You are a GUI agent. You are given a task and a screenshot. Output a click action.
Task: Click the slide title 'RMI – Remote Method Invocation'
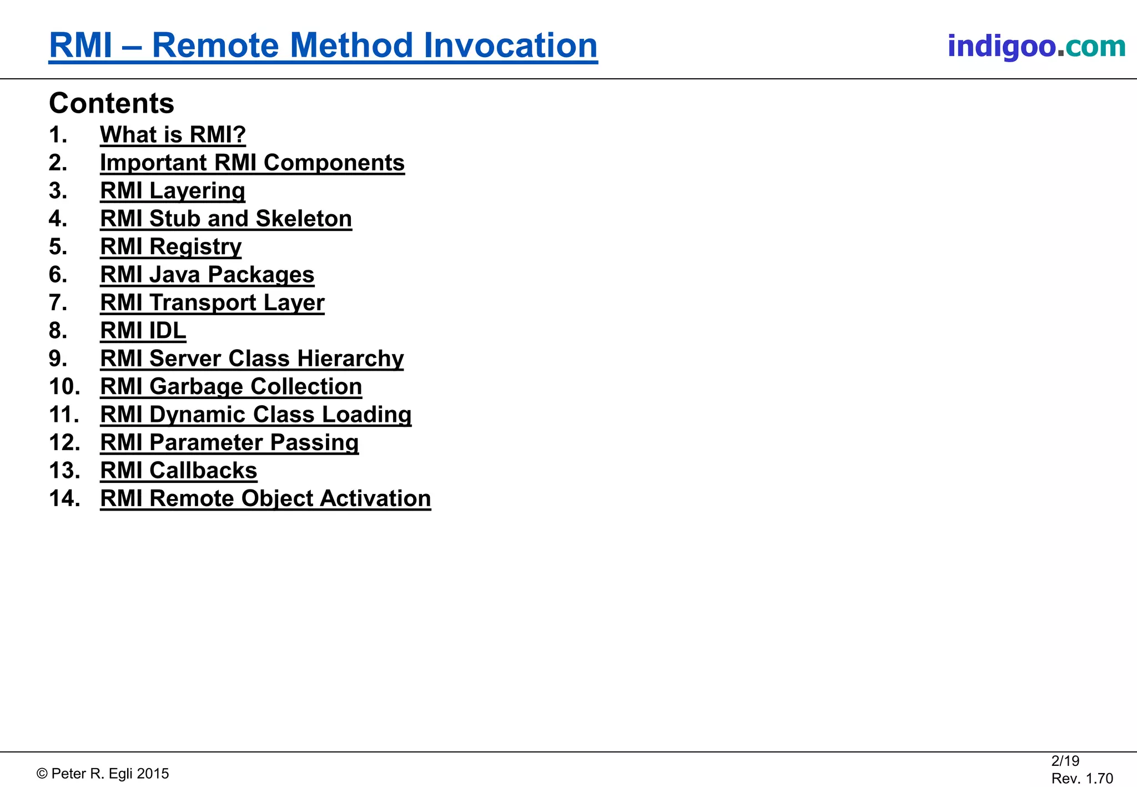click(x=323, y=46)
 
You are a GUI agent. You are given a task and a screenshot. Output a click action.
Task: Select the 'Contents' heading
click(x=112, y=103)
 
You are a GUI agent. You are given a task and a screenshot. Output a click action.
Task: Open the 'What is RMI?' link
click(x=173, y=135)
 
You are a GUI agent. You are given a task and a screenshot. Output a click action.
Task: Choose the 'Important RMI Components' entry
click(x=252, y=163)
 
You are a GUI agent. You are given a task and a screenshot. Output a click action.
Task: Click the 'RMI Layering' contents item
click(x=172, y=191)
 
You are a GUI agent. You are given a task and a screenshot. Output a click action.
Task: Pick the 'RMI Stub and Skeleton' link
click(x=226, y=219)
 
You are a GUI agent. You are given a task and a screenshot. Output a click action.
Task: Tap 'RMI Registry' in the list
click(x=170, y=247)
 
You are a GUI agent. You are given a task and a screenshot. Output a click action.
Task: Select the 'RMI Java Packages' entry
click(x=207, y=275)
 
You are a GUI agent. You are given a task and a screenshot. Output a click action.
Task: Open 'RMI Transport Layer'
click(x=212, y=303)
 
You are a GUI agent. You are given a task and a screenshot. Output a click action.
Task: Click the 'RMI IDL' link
click(x=143, y=331)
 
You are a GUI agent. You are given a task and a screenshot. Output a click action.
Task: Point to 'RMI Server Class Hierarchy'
click(x=251, y=359)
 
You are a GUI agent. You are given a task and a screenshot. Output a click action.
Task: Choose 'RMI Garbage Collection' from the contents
click(x=231, y=387)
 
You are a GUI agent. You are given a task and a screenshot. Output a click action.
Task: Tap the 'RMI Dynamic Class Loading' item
click(x=255, y=415)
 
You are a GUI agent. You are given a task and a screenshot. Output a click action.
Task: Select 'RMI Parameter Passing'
click(x=229, y=443)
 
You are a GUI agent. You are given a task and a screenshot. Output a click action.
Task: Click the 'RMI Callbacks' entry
click(x=178, y=471)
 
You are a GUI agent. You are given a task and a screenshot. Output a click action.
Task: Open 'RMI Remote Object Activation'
click(x=265, y=498)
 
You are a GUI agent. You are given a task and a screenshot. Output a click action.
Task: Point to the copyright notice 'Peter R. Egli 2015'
click(x=103, y=774)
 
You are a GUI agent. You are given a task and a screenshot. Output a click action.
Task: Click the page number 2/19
click(x=1065, y=761)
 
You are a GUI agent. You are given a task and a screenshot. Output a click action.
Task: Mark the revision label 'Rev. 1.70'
click(x=1082, y=779)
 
